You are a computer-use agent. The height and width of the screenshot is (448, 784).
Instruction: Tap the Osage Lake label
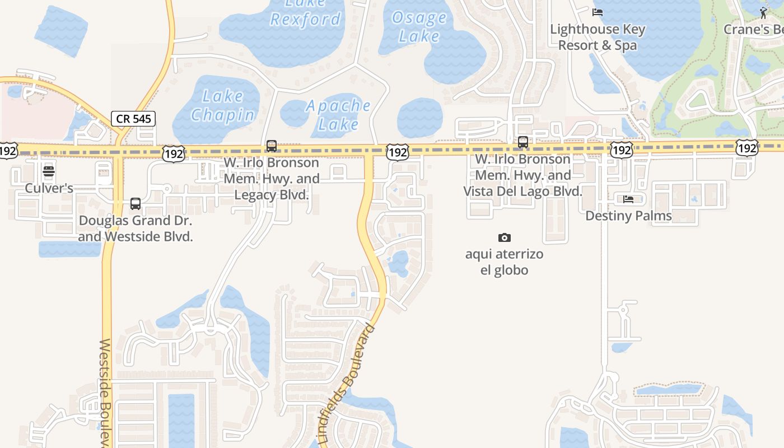[418, 26]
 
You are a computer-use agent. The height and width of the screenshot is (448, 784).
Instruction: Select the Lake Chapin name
[222, 106]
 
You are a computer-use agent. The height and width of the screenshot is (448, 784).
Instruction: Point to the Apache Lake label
[338, 114]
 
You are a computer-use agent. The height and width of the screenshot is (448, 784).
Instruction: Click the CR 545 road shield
[133, 119]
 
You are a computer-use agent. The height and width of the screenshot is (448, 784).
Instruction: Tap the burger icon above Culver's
[49, 171]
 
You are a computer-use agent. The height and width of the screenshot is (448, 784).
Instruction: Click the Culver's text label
[49, 188]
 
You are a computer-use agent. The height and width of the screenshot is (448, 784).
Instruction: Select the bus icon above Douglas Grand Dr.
[136, 204]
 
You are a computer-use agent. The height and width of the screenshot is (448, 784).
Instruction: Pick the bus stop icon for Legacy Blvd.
[272, 146]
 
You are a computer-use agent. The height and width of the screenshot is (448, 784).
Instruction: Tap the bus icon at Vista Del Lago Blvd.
[522, 142]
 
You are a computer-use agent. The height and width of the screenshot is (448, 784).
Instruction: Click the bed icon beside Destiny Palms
[628, 199]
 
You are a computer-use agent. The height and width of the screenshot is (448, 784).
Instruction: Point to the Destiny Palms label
[628, 216]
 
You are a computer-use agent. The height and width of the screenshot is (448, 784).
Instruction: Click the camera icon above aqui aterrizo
[504, 238]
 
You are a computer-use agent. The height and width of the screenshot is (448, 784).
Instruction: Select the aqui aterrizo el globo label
[504, 262]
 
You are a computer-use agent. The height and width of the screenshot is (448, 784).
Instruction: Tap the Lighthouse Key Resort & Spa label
[598, 37]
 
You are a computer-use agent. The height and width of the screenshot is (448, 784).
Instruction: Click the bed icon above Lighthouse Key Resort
[598, 12]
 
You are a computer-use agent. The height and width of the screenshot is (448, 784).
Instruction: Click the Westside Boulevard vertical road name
[106, 392]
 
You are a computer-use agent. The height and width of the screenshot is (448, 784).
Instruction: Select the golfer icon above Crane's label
[764, 12]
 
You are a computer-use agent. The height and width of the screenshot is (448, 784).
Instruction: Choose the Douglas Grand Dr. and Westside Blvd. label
[136, 228]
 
